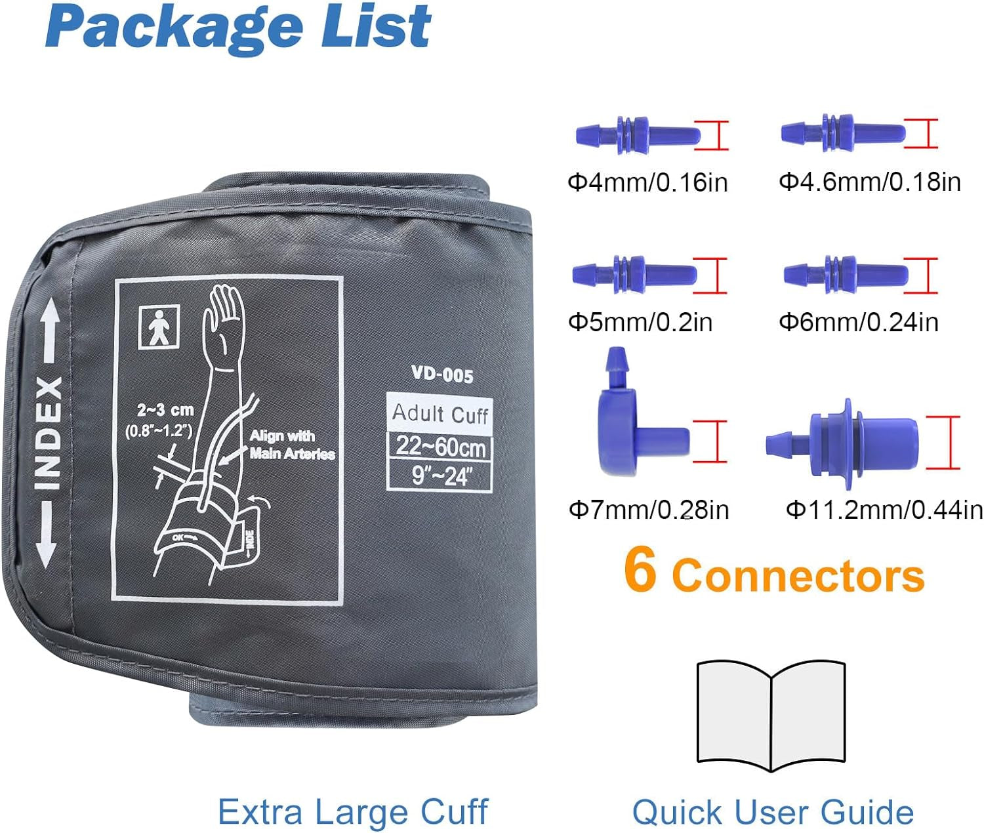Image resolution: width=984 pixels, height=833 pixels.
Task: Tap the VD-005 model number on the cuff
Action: point(442,375)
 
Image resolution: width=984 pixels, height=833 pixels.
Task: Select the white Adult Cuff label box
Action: point(440,413)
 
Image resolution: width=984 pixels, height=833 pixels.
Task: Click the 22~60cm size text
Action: point(441,447)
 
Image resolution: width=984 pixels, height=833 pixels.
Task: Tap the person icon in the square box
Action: point(159,327)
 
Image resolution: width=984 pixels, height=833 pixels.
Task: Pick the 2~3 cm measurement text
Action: point(165,410)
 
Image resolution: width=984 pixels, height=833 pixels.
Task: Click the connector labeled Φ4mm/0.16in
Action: point(638,135)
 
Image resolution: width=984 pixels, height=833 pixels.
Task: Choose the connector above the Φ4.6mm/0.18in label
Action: point(843,132)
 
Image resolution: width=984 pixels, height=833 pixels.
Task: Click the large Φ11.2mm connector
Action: point(842,444)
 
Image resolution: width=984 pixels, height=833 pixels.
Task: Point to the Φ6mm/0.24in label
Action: point(858,322)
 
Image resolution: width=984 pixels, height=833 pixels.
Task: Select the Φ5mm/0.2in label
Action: point(640,322)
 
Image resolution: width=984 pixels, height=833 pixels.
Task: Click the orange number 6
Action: point(640,570)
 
